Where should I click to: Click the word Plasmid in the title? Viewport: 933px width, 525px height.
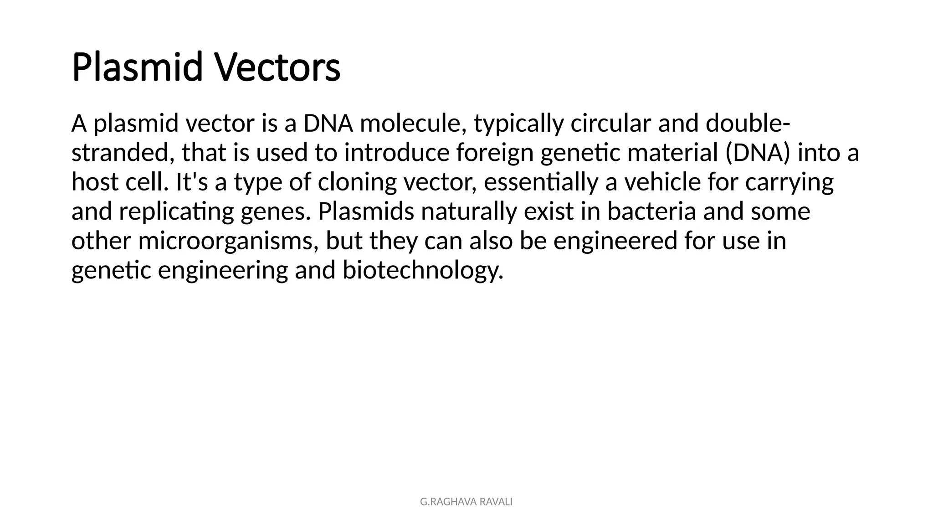(137, 67)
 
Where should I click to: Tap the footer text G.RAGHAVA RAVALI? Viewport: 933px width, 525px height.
(466, 502)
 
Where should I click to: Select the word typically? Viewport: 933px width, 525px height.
(518, 124)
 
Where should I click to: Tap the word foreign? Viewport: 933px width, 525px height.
(495, 154)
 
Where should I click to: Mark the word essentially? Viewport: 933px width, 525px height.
(541, 182)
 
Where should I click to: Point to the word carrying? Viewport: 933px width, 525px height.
(789, 183)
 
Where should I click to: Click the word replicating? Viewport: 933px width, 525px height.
(176, 212)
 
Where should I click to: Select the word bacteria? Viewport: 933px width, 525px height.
(651, 211)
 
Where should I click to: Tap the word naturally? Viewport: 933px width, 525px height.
(469, 212)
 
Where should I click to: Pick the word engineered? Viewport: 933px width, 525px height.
(615, 241)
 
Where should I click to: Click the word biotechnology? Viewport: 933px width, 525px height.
(423, 270)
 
